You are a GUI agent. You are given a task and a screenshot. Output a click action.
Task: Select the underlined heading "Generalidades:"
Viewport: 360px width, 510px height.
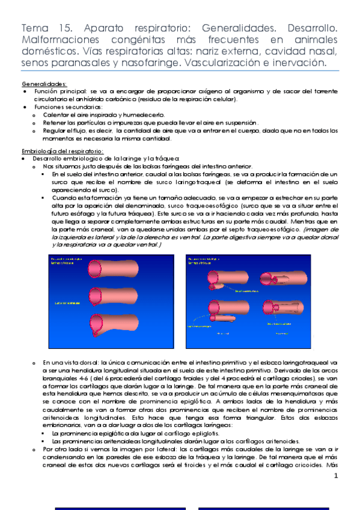[x=44, y=84]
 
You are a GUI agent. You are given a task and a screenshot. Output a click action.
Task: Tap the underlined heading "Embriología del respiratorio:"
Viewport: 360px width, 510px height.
[x=62, y=150]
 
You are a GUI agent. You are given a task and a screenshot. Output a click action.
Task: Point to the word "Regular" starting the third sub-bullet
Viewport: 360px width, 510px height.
[x=54, y=129]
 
